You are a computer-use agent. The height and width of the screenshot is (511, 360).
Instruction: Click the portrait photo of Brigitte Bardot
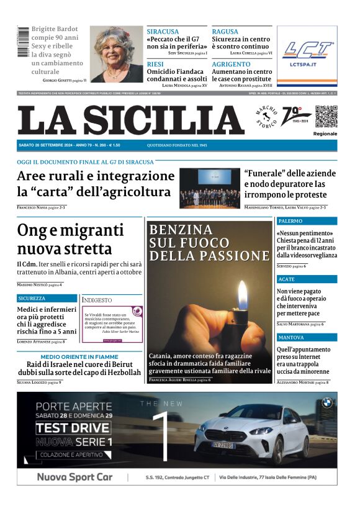116,54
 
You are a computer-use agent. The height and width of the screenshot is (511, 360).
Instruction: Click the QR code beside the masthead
326,116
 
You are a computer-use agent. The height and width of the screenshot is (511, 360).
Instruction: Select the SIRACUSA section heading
163,32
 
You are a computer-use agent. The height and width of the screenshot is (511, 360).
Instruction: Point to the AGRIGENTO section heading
231,65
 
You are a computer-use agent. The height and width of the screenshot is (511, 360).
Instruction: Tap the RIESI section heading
155,65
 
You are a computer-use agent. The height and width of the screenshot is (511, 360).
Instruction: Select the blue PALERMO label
290,221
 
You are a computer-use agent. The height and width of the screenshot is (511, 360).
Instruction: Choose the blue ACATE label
287,279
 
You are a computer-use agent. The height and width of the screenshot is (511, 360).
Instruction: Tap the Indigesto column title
97,300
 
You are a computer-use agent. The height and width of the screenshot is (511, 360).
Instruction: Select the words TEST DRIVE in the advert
65,428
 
